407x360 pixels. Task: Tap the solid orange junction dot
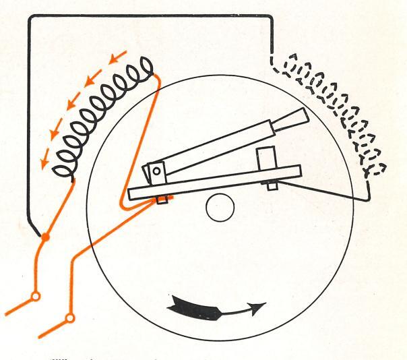tap(45, 238)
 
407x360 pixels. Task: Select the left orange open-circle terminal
tap(36, 295)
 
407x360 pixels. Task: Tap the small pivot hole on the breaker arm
tap(157, 172)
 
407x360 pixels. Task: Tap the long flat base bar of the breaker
tap(216, 182)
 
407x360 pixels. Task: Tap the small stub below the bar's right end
tap(272, 185)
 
